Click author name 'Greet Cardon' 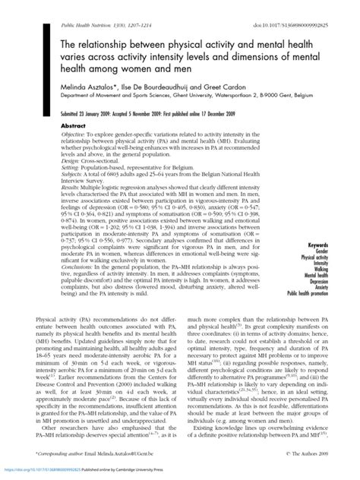205,89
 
